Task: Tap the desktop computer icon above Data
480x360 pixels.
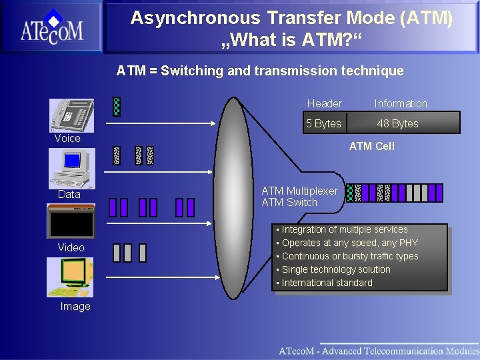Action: (x=71, y=167)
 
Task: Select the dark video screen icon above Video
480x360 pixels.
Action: (x=71, y=221)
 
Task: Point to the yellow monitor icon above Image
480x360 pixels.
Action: (x=70, y=277)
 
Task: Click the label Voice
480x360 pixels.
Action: (x=67, y=139)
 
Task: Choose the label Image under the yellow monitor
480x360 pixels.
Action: (x=75, y=307)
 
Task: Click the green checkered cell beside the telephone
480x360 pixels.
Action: (x=117, y=107)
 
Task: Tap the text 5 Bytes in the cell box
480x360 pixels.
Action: (x=323, y=123)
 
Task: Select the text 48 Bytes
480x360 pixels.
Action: (x=397, y=123)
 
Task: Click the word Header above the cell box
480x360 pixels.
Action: (x=324, y=103)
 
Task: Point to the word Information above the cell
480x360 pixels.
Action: (x=401, y=103)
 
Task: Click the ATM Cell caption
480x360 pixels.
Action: (x=372, y=146)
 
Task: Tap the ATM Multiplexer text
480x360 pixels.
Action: (x=299, y=191)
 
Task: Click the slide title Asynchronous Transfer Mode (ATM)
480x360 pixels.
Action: (x=291, y=18)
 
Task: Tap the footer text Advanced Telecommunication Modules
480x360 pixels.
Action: (x=398, y=351)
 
